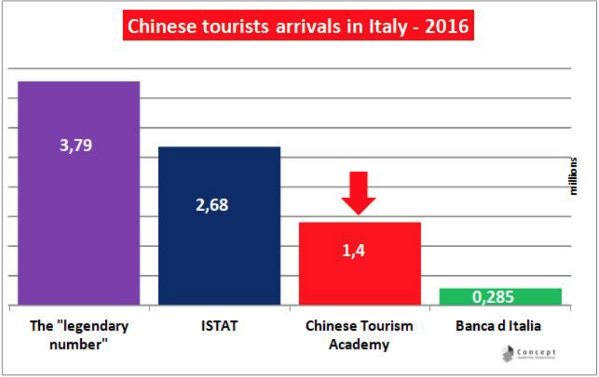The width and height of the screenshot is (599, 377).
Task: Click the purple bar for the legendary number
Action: pyautogui.click(x=79, y=215)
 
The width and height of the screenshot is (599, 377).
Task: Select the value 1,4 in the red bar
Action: pyautogui.click(x=354, y=250)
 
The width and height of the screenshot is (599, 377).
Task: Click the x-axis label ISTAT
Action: pyautogui.click(x=219, y=326)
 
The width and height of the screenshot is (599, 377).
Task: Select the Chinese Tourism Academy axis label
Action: pyautogui.click(x=359, y=335)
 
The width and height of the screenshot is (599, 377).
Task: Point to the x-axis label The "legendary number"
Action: pyautogui.click(x=79, y=335)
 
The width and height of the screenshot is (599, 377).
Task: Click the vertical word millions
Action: pyautogui.click(x=574, y=177)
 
